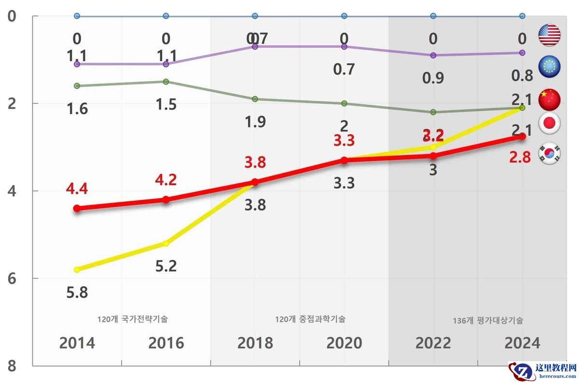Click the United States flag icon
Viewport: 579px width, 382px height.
click(x=549, y=35)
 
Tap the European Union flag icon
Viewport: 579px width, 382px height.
click(x=549, y=67)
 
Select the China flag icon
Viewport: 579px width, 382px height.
click(x=549, y=99)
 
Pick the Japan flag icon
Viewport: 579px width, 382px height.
click(x=549, y=124)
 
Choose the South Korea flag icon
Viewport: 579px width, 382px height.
click(x=549, y=153)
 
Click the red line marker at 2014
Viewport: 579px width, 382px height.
click(x=77, y=208)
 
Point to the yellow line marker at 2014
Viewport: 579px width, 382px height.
click(x=77, y=270)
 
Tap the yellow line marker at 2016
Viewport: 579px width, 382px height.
click(x=166, y=244)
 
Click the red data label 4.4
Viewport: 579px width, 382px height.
click(x=77, y=188)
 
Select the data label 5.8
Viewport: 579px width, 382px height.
click(x=77, y=292)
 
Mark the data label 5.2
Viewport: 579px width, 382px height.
click(x=166, y=266)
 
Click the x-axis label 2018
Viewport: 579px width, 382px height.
click(x=255, y=343)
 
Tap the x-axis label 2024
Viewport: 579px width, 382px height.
click(x=522, y=343)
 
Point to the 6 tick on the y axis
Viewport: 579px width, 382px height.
click(x=12, y=279)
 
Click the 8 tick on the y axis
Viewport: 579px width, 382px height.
click(x=12, y=366)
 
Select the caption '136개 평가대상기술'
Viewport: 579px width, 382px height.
click(x=488, y=320)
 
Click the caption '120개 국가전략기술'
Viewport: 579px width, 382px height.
click(x=132, y=319)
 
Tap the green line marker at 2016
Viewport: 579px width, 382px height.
click(x=166, y=82)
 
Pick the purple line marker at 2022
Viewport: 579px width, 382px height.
click(x=433, y=55)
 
